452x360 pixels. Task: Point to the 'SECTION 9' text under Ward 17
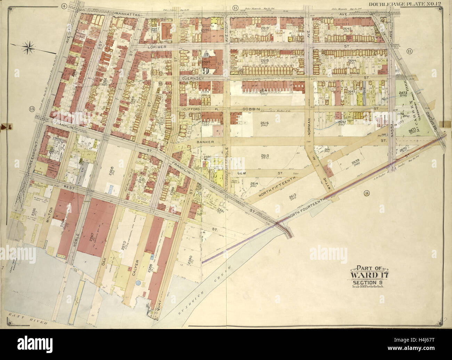coord(369,282)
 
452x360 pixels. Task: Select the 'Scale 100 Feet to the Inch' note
coord(369,287)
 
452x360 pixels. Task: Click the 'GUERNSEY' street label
coord(190,79)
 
